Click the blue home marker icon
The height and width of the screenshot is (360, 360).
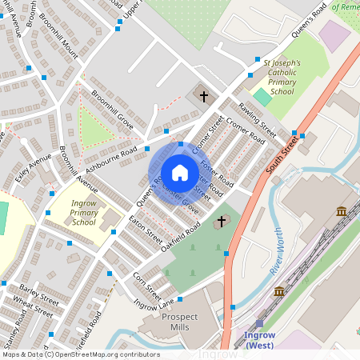(179, 173)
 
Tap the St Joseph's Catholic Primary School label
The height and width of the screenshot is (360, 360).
(277, 77)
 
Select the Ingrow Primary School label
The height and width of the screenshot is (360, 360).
(83, 213)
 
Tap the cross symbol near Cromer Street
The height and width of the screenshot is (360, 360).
(204, 98)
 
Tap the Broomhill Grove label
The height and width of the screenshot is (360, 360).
(112, 110)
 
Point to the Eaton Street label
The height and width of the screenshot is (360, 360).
(146, 228)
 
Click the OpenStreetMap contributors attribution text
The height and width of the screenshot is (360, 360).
(104, 354)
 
